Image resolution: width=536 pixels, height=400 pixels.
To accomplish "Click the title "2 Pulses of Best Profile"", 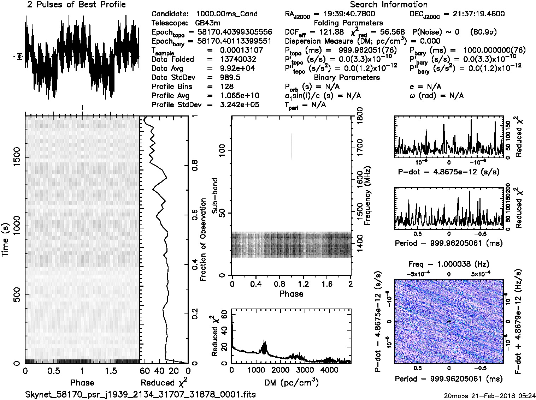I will point(76,5).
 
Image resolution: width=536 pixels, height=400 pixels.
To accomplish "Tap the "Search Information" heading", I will point(389,5).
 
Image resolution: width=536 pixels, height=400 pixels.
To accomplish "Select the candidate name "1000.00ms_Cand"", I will point(226,14).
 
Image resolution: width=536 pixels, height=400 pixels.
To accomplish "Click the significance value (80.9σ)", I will point(483,32).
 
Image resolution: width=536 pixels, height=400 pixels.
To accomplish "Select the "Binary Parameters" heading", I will point(347,78).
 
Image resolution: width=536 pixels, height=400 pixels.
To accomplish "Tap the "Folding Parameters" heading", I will point(348,23).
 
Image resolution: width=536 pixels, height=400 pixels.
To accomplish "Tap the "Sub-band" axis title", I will point(215,195).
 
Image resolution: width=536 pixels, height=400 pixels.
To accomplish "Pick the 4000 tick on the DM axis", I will point(329,370).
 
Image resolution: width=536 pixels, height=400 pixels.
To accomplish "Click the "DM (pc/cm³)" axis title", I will point(291,382).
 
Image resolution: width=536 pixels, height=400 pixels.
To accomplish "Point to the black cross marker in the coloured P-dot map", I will point(449,321).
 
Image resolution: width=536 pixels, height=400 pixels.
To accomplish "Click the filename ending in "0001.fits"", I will point(140,394).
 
